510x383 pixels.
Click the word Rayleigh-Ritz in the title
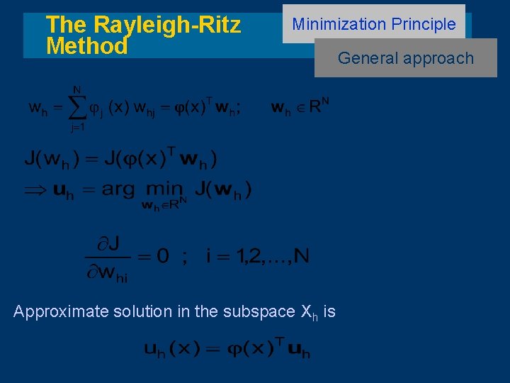point(167,25)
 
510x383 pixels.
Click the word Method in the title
point(86,47)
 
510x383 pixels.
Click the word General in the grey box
point(363,58)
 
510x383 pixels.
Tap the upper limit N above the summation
point(76,89)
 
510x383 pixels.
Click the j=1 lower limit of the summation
point(77,128)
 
